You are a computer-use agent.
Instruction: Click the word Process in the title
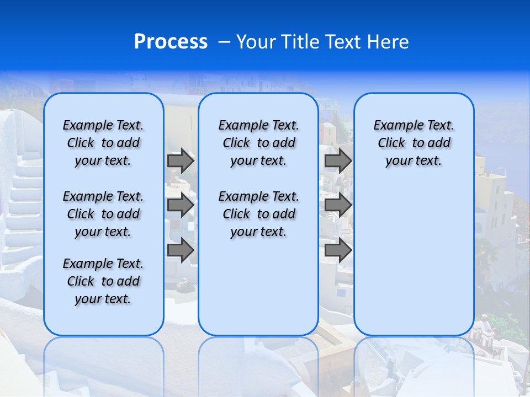click(x=171, y=42)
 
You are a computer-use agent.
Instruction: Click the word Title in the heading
click(x=299, y=42)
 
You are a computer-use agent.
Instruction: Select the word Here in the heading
click(x=389, y=42)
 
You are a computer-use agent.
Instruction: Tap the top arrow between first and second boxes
click(x=181, y=160)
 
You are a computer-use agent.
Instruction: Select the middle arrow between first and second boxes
click(x=181, y=205)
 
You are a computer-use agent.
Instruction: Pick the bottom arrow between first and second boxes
click(x=181, y=250)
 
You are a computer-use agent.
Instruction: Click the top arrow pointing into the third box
click(x=338, y=160)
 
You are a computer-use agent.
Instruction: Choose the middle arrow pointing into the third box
click(x=338, y=205)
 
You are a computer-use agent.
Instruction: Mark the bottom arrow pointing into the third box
click(x=338, y=250)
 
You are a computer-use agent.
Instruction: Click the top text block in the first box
click(x=103, y=143)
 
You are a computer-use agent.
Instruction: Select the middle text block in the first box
click(x=103, y=214)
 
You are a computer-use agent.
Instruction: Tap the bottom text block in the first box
click(x=103, y=281)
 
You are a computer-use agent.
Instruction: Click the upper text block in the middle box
click(x=258, y=143)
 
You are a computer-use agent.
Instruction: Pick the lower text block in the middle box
click(x=258, y=214)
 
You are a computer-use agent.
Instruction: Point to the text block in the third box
click(x=414, y=143)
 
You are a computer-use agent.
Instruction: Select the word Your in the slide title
click(x=256, y=42)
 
